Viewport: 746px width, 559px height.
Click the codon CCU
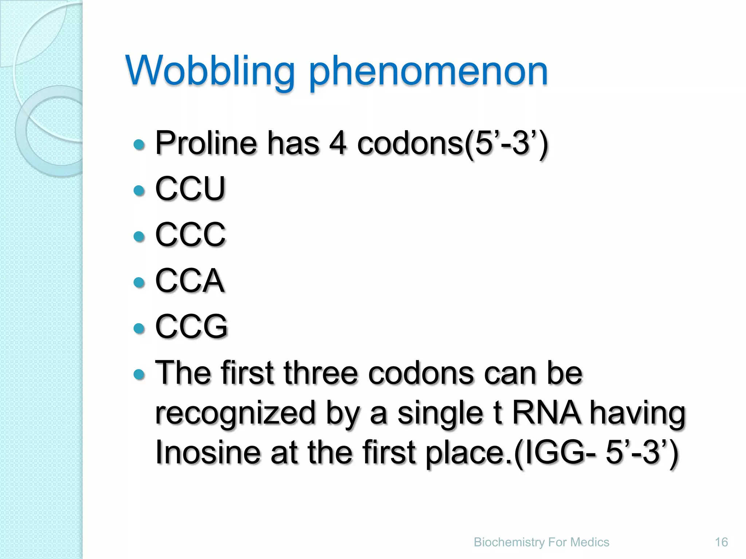[x=190, y=188]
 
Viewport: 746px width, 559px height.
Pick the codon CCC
[x=190, y=234]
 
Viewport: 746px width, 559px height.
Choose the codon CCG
[x=191, y=326]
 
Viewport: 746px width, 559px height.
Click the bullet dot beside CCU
[x=139, y=190]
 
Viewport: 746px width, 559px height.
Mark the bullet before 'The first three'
[x=139, y=374]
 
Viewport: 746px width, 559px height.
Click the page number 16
[x=721, y=542]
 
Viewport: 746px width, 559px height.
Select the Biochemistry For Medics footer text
[x=541, y=542]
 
